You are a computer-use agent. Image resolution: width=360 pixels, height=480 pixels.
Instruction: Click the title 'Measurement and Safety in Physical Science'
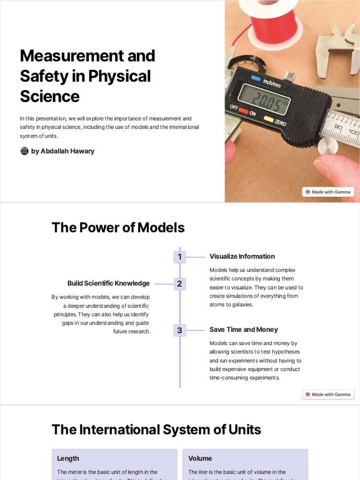[87, 76]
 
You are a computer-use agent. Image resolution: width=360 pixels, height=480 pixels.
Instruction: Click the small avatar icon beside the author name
[24, 151]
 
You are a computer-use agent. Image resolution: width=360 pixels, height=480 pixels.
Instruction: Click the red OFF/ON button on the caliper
[243, 111]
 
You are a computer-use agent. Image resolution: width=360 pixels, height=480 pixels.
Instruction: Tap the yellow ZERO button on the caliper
[269, 119]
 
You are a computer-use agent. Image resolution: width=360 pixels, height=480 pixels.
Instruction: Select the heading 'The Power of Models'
[118, 228]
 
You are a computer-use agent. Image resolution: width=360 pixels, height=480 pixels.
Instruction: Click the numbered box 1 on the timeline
[180, 257]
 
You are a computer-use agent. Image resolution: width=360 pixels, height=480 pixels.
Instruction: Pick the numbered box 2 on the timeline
[180, 284]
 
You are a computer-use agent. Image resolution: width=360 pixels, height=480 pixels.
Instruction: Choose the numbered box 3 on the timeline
[180, 330]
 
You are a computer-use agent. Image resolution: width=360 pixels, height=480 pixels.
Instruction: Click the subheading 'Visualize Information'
[242, 256]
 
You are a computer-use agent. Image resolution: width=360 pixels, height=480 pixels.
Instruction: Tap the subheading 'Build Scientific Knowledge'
[109, 283]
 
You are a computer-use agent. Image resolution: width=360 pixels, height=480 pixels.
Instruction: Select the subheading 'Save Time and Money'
[243, 330]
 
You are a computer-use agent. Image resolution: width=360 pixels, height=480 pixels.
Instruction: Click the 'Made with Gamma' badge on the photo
[328, 192]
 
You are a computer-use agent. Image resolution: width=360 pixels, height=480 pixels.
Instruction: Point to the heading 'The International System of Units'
[156, 429]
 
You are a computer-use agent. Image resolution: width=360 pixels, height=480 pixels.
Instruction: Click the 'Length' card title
[68, 458]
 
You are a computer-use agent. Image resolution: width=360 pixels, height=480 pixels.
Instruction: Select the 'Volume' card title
[200, 458]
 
